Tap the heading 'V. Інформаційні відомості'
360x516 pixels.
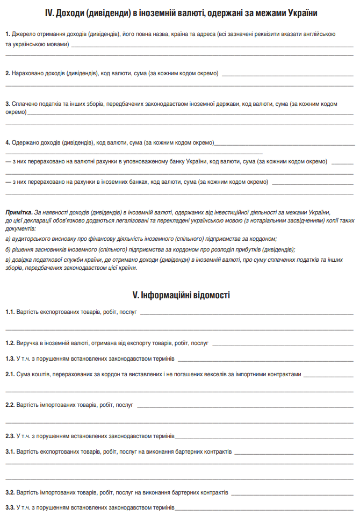coord(181,295)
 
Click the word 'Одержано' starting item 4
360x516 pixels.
coord(26,143)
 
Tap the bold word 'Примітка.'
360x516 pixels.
coord(19,213)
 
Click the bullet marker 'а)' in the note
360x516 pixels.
coord(8,238)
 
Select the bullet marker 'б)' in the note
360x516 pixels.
coord(8,249)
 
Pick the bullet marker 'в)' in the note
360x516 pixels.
coord(8,261)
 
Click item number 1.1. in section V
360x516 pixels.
coord(10,312)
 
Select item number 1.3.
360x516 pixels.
coord(10,359)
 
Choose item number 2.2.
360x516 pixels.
coord(10,405)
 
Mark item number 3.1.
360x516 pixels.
coord(10,452)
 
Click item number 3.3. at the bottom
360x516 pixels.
coord(10,507)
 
